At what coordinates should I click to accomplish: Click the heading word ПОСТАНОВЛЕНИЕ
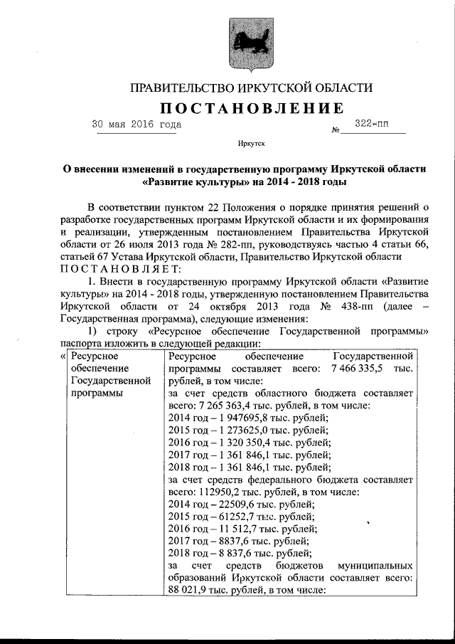[x=250, y=108]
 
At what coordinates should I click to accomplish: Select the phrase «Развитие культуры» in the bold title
[x=188, y=181]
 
